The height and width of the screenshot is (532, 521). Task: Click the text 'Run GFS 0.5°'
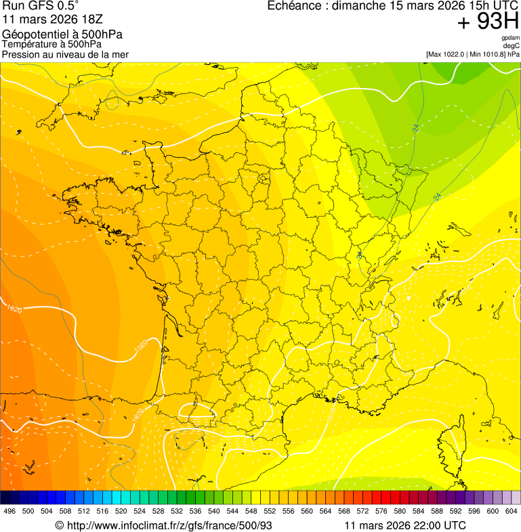point(41,7)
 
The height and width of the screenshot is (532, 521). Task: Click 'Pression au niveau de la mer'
point(65,54)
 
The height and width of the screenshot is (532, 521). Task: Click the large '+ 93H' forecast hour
point(488,22)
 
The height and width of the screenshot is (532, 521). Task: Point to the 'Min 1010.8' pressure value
point(487,54)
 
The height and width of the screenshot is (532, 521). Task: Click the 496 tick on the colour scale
point(9,512)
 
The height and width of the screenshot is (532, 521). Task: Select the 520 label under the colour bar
point(121,512)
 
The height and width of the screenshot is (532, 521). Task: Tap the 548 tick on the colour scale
point(251,512)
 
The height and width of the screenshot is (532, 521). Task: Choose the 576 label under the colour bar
point(381,512)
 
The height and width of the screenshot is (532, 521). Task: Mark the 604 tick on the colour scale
point(512,512)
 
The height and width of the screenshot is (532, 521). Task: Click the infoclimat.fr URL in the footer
point(169,525)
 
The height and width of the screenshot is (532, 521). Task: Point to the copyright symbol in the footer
point(60,525)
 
